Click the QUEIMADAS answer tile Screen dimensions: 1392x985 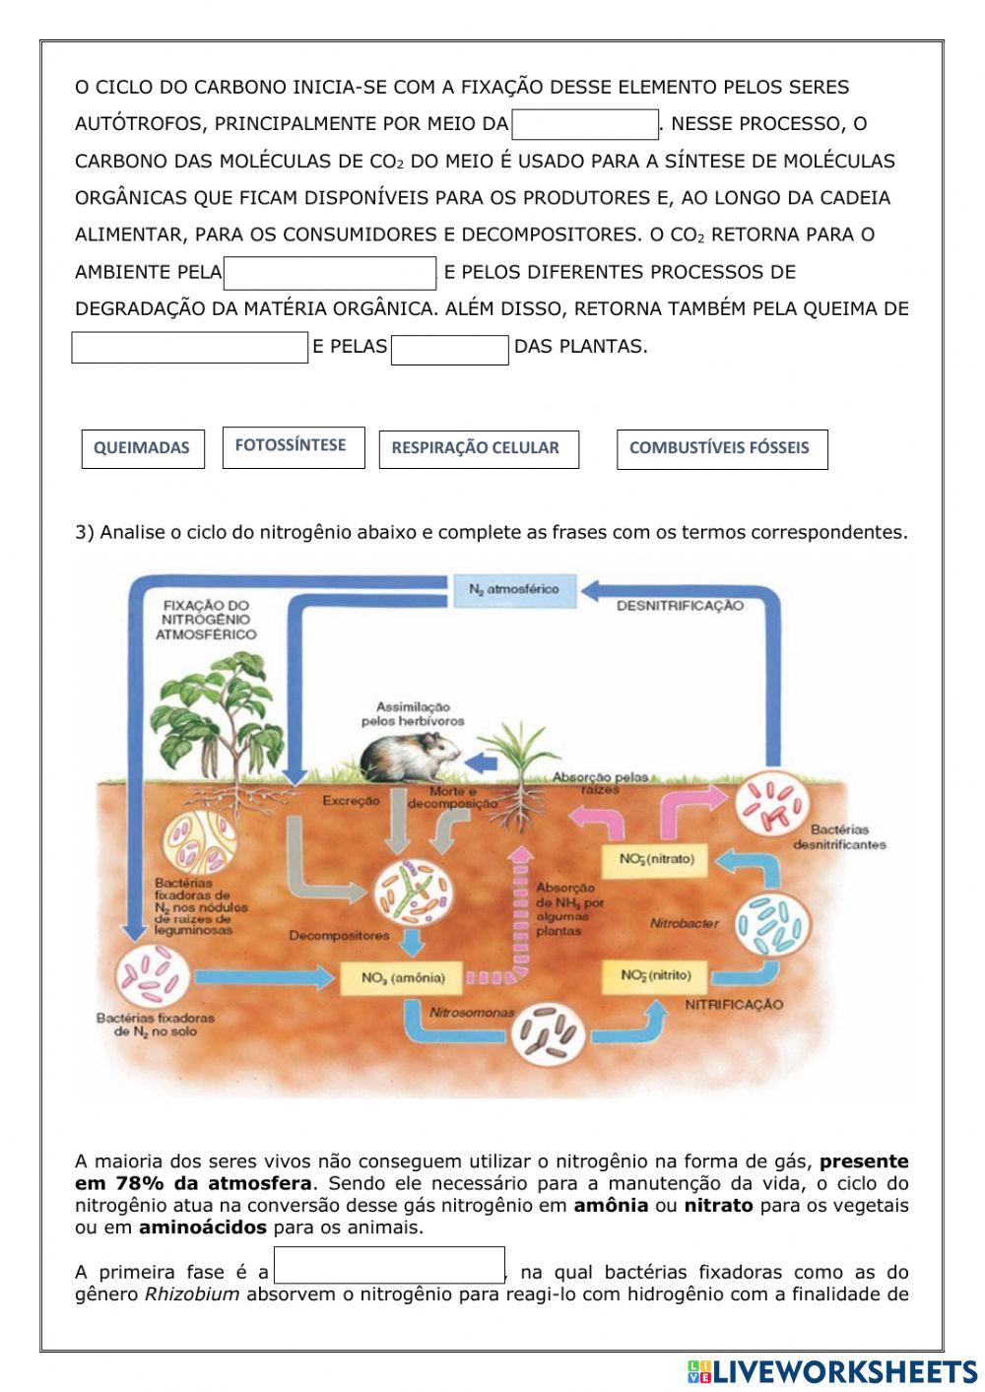coord(142,448)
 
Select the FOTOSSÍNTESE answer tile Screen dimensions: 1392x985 coord(293,446)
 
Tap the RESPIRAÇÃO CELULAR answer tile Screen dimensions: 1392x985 coord(478,448)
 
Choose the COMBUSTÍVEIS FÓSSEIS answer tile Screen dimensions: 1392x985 coord(721,448)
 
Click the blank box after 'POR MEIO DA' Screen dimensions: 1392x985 coord(585,125)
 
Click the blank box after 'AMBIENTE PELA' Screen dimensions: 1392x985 coord(330,273)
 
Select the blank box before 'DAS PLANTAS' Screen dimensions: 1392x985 coord(449,350)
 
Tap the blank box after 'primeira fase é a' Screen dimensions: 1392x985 coord(389,1266)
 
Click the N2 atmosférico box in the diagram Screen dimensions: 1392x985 coord(513,589)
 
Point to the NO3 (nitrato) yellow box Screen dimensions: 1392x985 coord(657,859)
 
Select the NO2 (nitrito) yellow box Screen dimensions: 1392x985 coord(656,976)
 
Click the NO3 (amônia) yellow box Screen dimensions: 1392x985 coord(403,978)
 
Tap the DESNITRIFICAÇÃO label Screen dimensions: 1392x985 coord(680,606)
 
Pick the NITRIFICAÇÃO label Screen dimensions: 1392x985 coord(734,1005)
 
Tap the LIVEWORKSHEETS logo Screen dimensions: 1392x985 coord(831,1370)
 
